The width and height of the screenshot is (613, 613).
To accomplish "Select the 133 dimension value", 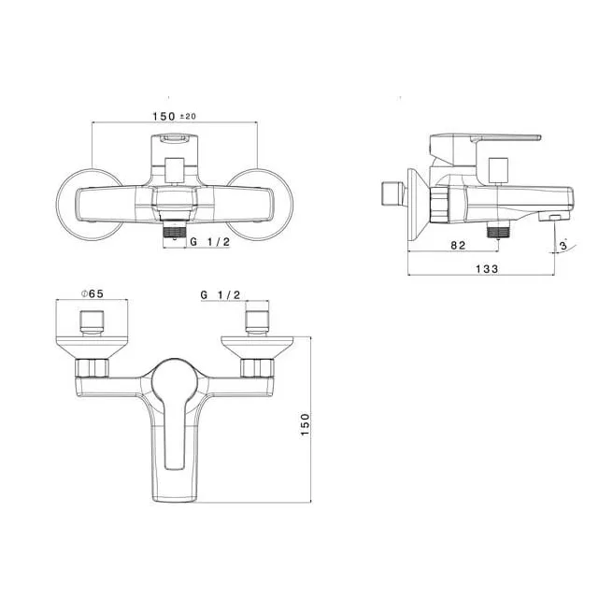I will pyautogui.click(x=485, y=268).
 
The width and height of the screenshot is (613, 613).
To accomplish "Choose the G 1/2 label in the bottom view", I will pyautogui.click(x=221, y=294).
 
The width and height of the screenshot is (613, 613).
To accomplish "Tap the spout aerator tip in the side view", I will pyautogui.click(x=555, y=217).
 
